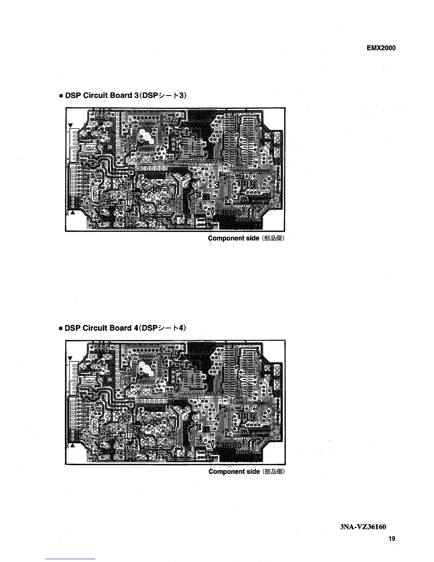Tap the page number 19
(x=391, y=539)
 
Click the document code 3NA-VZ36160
(x=368, y=527)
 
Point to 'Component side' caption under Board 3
(x=234, y=238)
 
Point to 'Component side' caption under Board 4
(x=234, y=472)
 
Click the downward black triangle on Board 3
(x=71, y=125)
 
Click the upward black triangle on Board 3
(x=73, y=213)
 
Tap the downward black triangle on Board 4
(x=71, y=358)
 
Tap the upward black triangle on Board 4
(x=73, y=446)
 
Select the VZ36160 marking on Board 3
(x=227, y=212)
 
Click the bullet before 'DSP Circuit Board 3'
(x=61, y=97)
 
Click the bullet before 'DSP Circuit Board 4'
(x=61, y=328)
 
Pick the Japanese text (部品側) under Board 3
(x=273, y=238)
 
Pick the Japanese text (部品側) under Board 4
(x=273, y=472)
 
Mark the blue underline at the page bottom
(x=71, y=559)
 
